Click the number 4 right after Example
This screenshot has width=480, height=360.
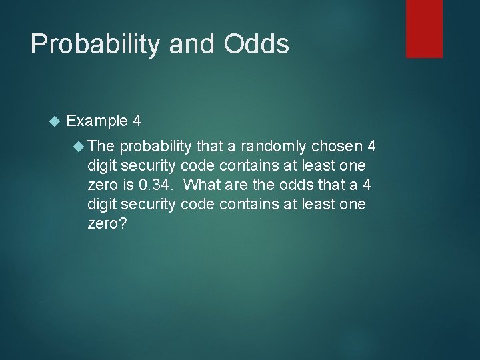click(x=137, y=121)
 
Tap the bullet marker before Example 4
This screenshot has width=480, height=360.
click(x=55, y=121)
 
